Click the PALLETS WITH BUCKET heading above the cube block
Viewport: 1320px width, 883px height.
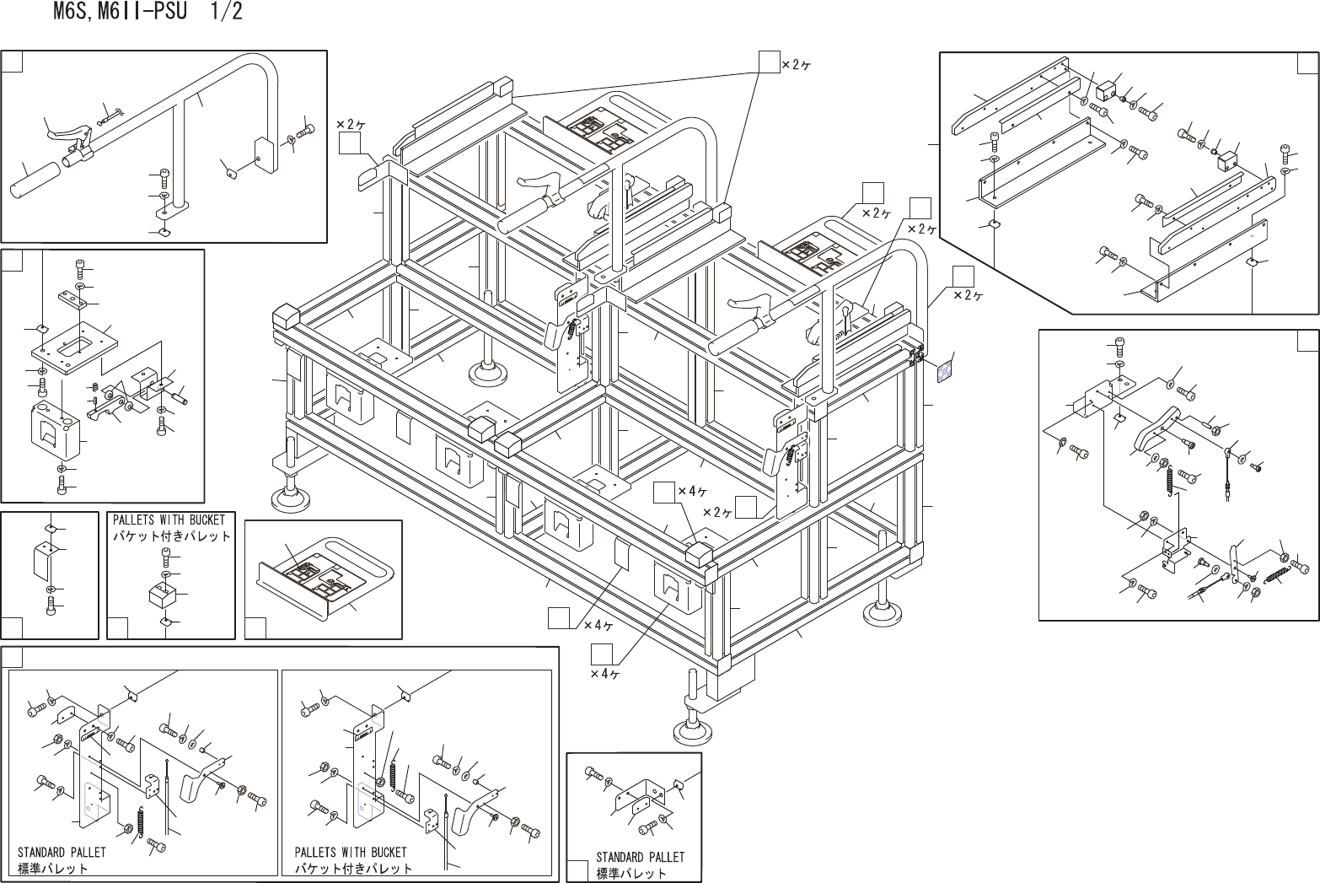169,520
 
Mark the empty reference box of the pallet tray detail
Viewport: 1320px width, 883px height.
255,627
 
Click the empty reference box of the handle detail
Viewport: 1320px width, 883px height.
11,62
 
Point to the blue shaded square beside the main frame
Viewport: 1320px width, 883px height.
946,371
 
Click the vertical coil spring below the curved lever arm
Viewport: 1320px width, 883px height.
1171,479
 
